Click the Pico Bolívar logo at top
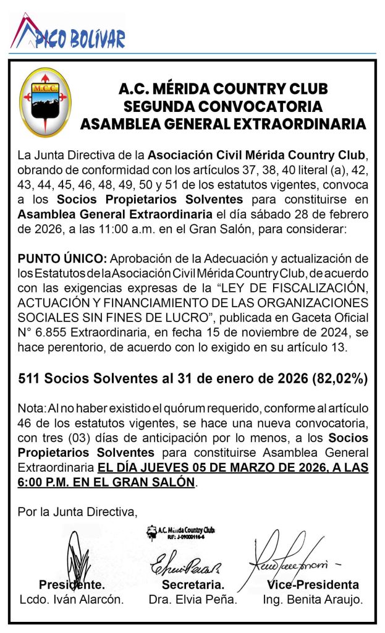point(68,34)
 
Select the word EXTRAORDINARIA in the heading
point(302,124)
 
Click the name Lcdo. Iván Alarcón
point(72,599)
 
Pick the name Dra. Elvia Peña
point(193,599)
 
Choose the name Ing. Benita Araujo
point(313,599)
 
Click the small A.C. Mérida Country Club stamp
point(180,532)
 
